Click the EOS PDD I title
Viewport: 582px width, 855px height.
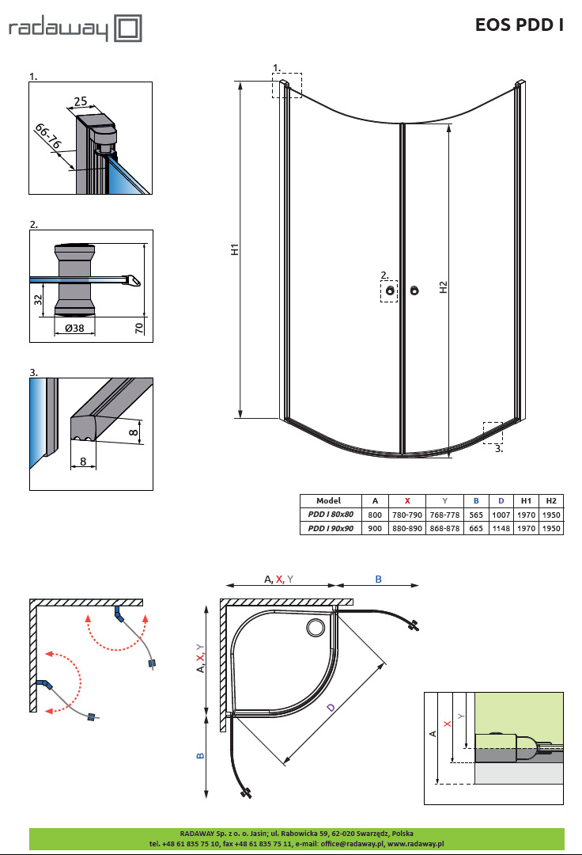pos(519,25)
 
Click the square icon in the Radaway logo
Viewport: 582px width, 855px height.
pos(128,30)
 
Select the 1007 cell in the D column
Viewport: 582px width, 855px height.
pos(501,515)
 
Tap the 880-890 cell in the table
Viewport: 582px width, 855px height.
pos(407,528)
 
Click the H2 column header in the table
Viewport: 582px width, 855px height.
pos(551,500)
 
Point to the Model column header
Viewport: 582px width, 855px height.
pos(328,500)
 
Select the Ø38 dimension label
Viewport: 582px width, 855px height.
pos(74,329)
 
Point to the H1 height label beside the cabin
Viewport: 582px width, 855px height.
pos(235,250)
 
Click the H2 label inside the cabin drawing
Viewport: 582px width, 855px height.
pos(443,287)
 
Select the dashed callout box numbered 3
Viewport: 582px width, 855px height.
pos(493,432)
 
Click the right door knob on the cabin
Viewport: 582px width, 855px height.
pos(415,291)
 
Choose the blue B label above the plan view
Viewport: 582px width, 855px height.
pos(378,579)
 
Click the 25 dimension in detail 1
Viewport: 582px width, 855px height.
pos(80,101)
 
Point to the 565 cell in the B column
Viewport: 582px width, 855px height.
pos(477,515)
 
